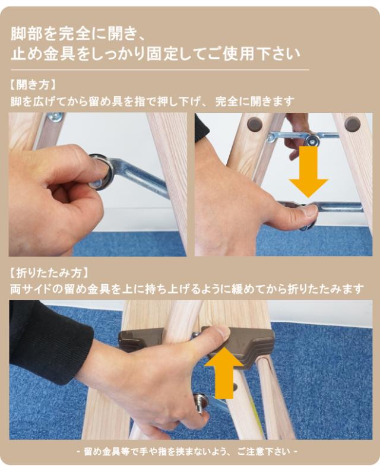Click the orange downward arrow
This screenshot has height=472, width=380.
pyautogui.click(x=308, y=172)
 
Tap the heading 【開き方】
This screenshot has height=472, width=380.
pyautogui.click(x=33, y=85)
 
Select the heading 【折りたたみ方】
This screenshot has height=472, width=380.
pyautogui.click(x=50, y=273)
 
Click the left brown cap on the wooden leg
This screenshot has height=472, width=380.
pyautogui.click(x=255, y=123)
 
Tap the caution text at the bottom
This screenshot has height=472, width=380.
pyautogui.click(x=187, y=451)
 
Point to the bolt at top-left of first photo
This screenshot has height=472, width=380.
pyautogui.click(x=55, y=116)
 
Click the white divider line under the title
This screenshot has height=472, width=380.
pyautogui.click(x=160, y=70)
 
